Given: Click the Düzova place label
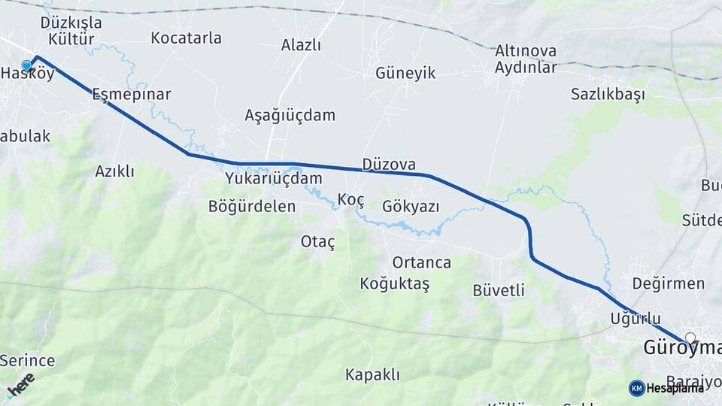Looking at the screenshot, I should [x=388, y=164].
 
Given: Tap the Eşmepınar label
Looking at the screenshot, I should [x=131, y=95].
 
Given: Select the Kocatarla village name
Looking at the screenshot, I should [x=186, y=38].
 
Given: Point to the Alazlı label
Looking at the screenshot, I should [x=301, y=45].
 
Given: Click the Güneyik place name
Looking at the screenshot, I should [x=405, y=73].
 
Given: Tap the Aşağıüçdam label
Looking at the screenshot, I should [x=290, y=116].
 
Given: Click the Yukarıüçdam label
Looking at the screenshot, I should [x=273, y=179].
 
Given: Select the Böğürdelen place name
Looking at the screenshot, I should [x=252, y=206].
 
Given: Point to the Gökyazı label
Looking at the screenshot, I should [x=411, y=206].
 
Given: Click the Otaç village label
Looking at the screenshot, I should [x=317, y=241].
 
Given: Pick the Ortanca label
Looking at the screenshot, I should [x=421, y=262].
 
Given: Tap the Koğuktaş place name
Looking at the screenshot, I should [x=394, y=284].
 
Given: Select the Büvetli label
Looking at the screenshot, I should [x=499, y=290].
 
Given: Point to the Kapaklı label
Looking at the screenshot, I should [x=372, y=374].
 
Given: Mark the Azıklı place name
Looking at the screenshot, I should [x=114, y=171].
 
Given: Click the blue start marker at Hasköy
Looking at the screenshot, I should [x=27, y=66].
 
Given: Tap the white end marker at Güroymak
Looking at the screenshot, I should [x=690, y=339].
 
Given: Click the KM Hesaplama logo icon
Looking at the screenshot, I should [x=637, y=388].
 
